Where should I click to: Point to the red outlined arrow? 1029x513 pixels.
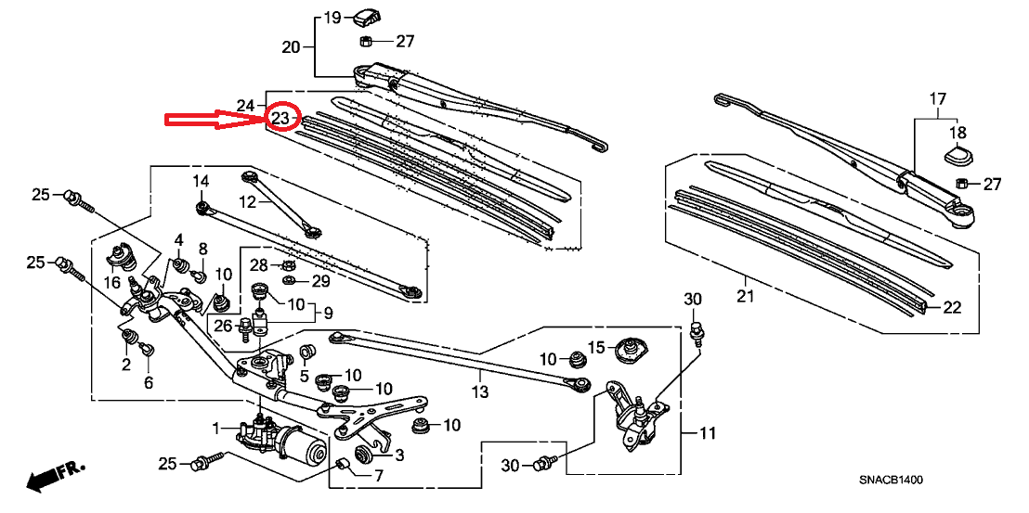click(216, 120)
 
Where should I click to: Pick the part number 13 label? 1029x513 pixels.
click(480, 391)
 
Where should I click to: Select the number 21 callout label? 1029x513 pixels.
click(745, 298)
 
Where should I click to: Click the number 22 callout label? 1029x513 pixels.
click(952, 307)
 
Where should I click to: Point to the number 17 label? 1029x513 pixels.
click(938, 99)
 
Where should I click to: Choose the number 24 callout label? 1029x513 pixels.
click(245, 105)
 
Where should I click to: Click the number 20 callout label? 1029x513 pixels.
click(291, 47)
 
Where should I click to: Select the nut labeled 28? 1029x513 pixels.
click(287, 265)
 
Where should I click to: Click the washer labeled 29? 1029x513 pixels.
click(288, 281)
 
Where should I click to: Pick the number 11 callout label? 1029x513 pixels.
click(706, 433)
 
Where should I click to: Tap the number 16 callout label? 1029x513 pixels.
click(112, 282)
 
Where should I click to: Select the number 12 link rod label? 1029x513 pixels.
click(247, 202)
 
